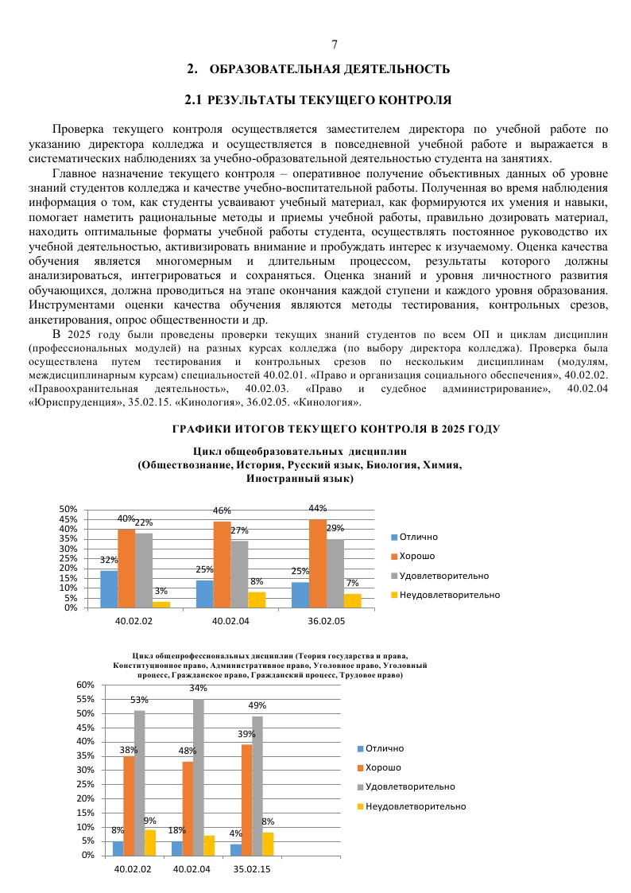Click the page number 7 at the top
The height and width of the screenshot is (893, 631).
tap(335, 45)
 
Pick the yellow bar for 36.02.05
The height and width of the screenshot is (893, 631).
tap(353, 600)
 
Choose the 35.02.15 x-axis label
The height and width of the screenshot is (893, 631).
tap(251, 869)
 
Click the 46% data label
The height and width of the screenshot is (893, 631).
tap(222, 511)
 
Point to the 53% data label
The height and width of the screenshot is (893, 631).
tap(140, 700)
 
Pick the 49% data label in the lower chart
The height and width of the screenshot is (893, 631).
tap(257, 705)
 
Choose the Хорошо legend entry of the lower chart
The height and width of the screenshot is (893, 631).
tap(383, 767)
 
